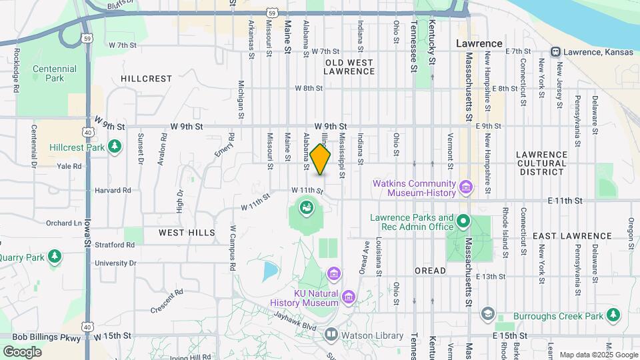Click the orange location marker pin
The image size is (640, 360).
pyautogui.click(x=321, y=159)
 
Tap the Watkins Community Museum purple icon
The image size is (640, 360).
pyautogui.click(x=466, y=187)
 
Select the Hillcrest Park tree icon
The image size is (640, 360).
pyautogui.click(x=115, y=145)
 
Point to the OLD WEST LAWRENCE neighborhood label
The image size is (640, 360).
pyautogui.click(x=349, y=67)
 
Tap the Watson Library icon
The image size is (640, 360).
pyautogui.click(x=331, y=335)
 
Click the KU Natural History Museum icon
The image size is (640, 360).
pyautogui.click(x=348, y=296)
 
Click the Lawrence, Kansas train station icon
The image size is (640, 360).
pyautogui.click(x=555, y=52)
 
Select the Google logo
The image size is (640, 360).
pyautogui.click(x=22, y=351)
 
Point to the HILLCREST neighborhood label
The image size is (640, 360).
pyautogui.click(x=147, y=79)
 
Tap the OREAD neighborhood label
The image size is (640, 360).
pyautogui.click(x=430, y=271)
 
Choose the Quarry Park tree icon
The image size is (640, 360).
pyautogui.click(x=55, y=256)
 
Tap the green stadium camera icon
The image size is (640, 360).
pyautogui.click(x=305, y=209)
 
